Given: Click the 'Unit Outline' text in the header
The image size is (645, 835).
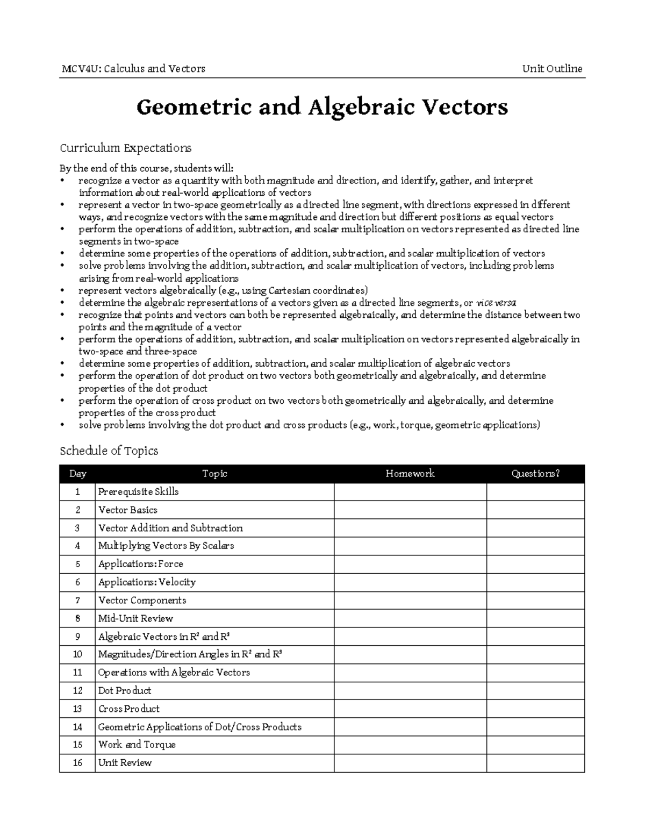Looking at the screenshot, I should pos(552,69).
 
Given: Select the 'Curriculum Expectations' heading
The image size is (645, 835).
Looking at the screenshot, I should pos(125,148).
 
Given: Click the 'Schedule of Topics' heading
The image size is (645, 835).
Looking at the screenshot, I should pos(109,451).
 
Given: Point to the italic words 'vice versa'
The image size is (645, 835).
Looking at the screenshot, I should pos(497,303).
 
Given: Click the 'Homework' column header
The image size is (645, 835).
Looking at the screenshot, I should pos(410,474).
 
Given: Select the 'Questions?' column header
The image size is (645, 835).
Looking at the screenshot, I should pos(535,474).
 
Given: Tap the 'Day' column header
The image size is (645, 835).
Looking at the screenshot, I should pos(77,474).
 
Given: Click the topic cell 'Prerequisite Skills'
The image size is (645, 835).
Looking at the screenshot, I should pos(138,492).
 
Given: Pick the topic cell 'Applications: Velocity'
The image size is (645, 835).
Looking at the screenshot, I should pos(147,582).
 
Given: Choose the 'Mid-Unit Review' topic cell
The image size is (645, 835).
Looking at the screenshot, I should pos(135,619).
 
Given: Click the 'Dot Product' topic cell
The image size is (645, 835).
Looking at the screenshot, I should pos(125,691).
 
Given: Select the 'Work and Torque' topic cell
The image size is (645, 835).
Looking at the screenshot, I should pos(137,745).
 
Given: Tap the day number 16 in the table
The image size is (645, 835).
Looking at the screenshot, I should pos(77,763).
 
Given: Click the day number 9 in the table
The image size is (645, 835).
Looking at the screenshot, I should pos(77,637).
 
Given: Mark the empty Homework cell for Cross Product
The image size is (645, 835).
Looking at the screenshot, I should pos(410,709).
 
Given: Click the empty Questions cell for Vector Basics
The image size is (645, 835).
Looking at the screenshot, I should pos(535,510).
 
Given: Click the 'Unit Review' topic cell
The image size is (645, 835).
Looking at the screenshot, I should pos(125,763).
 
